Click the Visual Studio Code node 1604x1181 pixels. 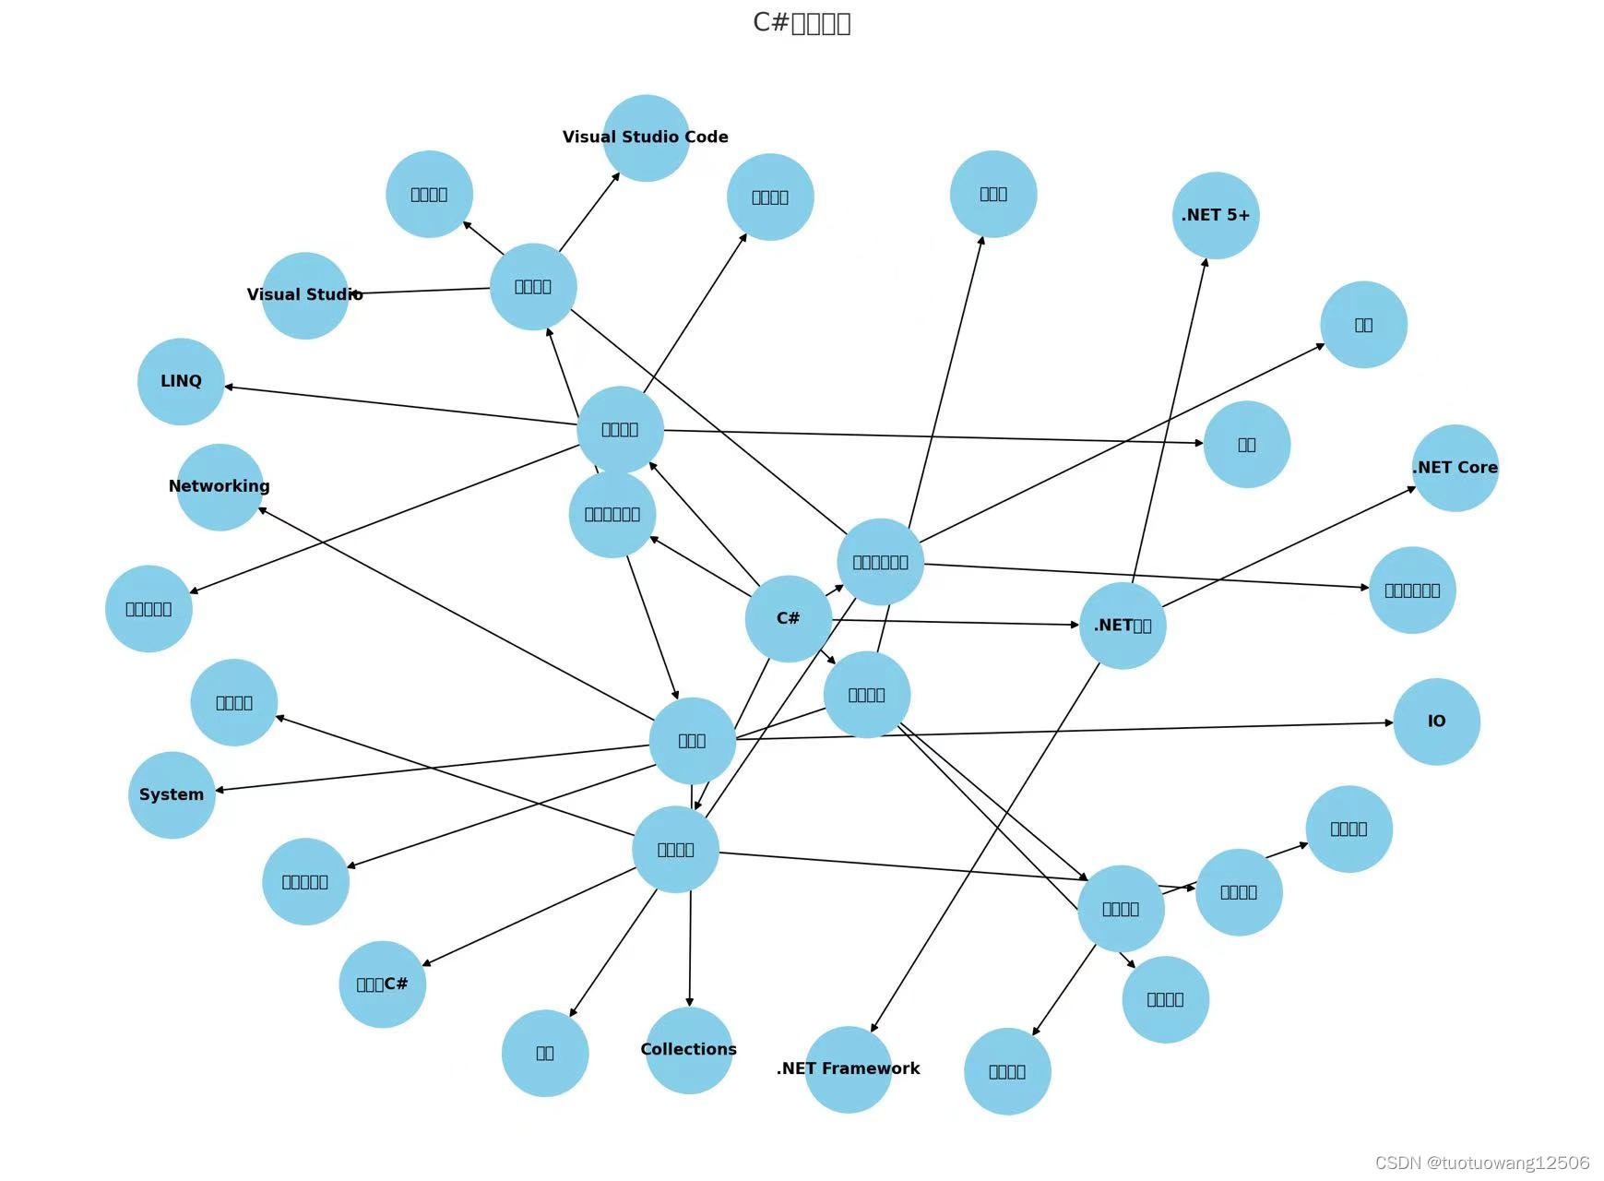pyautogui.click(x=646, y=137)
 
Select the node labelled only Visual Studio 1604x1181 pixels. pyautogui.click(x=305, y=295)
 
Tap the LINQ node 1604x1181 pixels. pyautogui.click(x=181, y=381)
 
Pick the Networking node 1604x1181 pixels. pyautogui.click(x=220, y=486)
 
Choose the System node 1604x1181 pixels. pyautogui.click(x=172, y=794)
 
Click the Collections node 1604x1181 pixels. pyautogui.click(x=689, y=1050)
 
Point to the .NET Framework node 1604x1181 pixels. pyautogui.click(x=849, y=1068)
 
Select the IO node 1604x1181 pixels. pyautogui.click(x=1436, y=722)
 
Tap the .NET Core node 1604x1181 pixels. pyautogui.click(x=1455, y=468)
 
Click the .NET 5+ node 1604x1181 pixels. pyautogui.click(x=1216, y=215)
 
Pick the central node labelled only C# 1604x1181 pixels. pyautogui.click(x=788, y=618)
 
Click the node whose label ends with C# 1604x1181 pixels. pyautogui.click(x=382, y=984)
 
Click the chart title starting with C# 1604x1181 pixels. pyautogui.click(x=802, y=22)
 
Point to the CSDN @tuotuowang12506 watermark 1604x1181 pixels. pyautogui.click(x=1482, y=1163)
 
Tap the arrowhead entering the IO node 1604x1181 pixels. pyautogui.click(x=1388, y=723)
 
